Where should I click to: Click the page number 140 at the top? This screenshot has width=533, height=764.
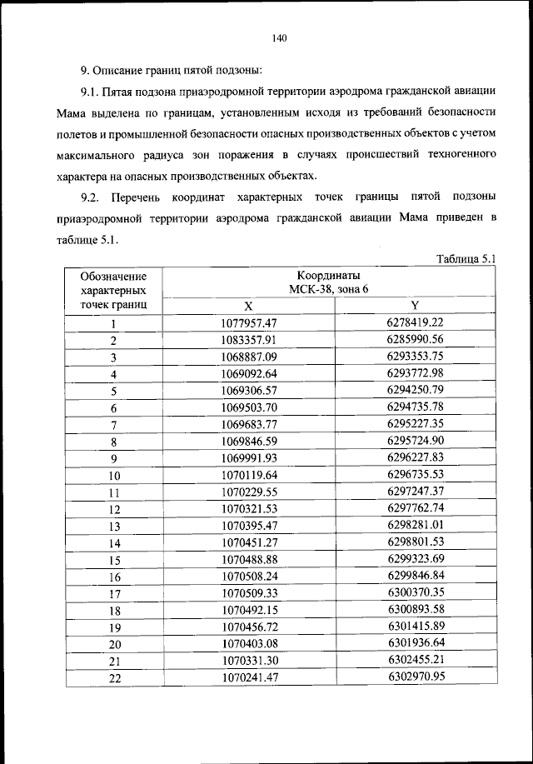coord(279,36)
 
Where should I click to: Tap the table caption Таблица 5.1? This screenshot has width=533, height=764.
coord(466,259)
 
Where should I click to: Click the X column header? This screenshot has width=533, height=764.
coord(248,305)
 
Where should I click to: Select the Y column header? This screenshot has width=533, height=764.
coord(415,305)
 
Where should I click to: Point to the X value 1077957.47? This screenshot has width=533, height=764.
coord(248,322)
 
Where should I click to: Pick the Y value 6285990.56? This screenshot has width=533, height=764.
coord(415,340)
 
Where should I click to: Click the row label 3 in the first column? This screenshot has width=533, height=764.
coord(113,357)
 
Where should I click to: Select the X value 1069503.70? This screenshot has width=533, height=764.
coord(248,407)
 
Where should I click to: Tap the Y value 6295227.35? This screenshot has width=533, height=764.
coord(415,424)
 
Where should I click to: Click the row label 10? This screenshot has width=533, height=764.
coord(113,475)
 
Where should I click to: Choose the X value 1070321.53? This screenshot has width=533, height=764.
coord(248,508)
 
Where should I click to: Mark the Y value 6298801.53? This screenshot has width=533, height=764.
coord(415,542)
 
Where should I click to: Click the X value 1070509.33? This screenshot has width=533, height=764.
coord(248,593)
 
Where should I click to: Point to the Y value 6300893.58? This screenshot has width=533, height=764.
coord(415,610)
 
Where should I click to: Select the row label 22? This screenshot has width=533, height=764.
coord(113,678)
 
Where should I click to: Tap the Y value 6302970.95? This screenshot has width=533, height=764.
coord(415,677)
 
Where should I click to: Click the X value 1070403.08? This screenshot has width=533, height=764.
coord(248,643)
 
